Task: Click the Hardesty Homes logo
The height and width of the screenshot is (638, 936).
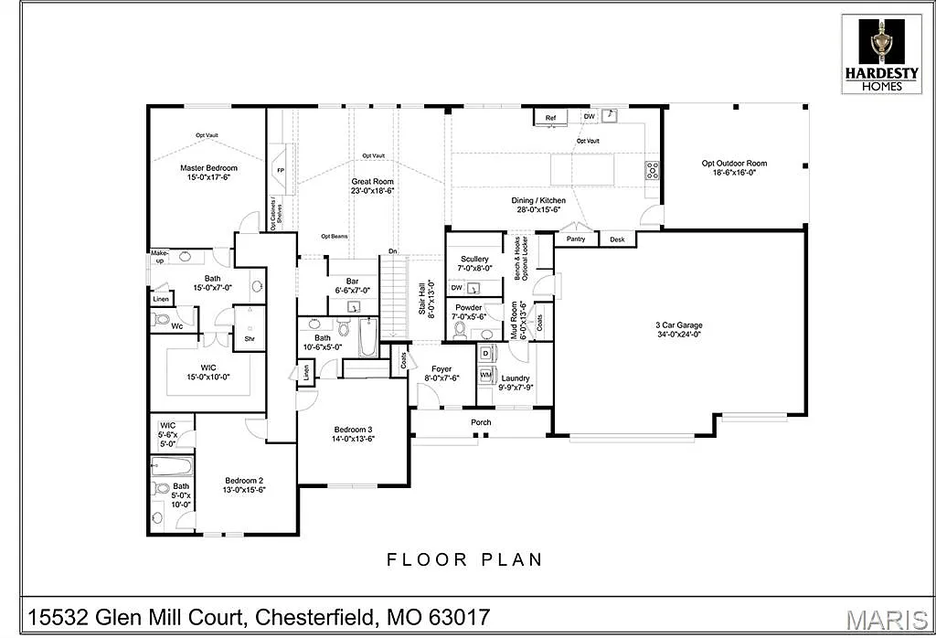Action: coord(882,53)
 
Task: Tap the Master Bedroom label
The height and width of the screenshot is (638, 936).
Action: coord(208,168)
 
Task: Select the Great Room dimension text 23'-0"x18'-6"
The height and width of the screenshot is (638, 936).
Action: coord(372,191)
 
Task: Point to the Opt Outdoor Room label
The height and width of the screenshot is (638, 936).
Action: coord(734,164)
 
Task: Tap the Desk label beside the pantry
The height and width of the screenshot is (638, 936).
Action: coord(617,239)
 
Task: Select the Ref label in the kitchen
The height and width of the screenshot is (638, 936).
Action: coord(550,118)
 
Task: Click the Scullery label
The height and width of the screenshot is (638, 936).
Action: coord(474,259)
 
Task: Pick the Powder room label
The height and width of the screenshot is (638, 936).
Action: coord(469,308)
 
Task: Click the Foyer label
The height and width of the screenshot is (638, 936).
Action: coord(441,369)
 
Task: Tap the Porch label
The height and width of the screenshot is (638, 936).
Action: coord(481,422)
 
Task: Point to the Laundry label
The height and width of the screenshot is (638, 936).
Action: coord(515,377)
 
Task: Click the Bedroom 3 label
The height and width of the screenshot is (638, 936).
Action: coord(353,429)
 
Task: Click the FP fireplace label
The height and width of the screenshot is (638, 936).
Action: coord(281,171)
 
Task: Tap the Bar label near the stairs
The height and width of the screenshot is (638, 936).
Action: coord(351,281)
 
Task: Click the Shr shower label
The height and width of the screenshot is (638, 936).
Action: coord(249,338)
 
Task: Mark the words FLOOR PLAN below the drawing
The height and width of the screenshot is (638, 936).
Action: coord(464,559)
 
